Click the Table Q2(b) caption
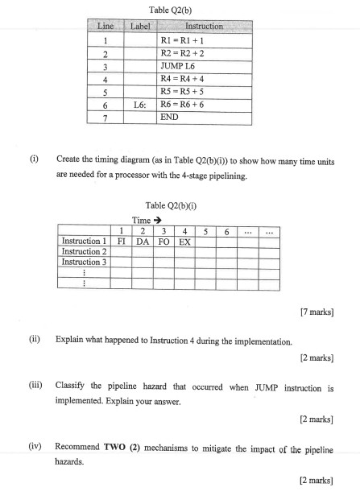click(169, 10)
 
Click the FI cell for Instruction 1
click(121, 240)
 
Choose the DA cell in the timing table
click(142, 240)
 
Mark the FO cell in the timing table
click(163, 240)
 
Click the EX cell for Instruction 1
click(184, 240)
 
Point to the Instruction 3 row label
click(84, 261)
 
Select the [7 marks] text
click(315, 310)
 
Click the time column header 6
click(226, 229)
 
